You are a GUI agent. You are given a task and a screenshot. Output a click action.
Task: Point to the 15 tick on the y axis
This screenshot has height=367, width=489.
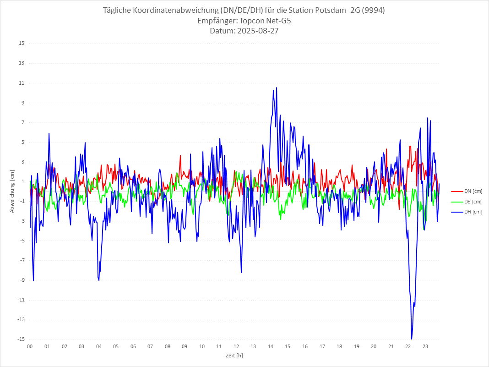(22, 44)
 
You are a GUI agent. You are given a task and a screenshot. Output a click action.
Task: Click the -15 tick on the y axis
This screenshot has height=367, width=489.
(21, 339)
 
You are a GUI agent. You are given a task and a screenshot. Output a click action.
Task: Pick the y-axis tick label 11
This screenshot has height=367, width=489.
(22, 83)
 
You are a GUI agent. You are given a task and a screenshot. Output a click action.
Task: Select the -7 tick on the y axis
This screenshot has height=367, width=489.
(22, 260)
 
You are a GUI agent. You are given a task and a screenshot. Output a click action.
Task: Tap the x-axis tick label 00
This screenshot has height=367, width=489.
(30, 346)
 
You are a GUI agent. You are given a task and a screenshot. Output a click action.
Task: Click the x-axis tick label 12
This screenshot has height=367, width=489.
(236, 346)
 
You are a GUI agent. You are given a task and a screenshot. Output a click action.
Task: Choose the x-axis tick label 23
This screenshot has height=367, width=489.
(425, 346)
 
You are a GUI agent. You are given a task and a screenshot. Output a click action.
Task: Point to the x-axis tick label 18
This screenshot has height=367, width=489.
(339, 346)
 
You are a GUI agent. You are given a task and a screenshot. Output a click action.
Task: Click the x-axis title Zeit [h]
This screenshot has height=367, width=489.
(234, 356)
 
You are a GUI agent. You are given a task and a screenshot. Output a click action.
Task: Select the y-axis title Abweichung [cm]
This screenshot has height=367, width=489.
(12, 191)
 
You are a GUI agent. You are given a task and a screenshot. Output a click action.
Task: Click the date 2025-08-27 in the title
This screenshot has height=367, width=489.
(257, 31)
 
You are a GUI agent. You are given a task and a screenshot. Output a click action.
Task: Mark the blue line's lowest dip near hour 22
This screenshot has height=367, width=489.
(412, 339)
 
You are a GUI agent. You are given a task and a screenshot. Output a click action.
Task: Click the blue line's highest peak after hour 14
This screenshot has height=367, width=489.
(277, 88)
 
